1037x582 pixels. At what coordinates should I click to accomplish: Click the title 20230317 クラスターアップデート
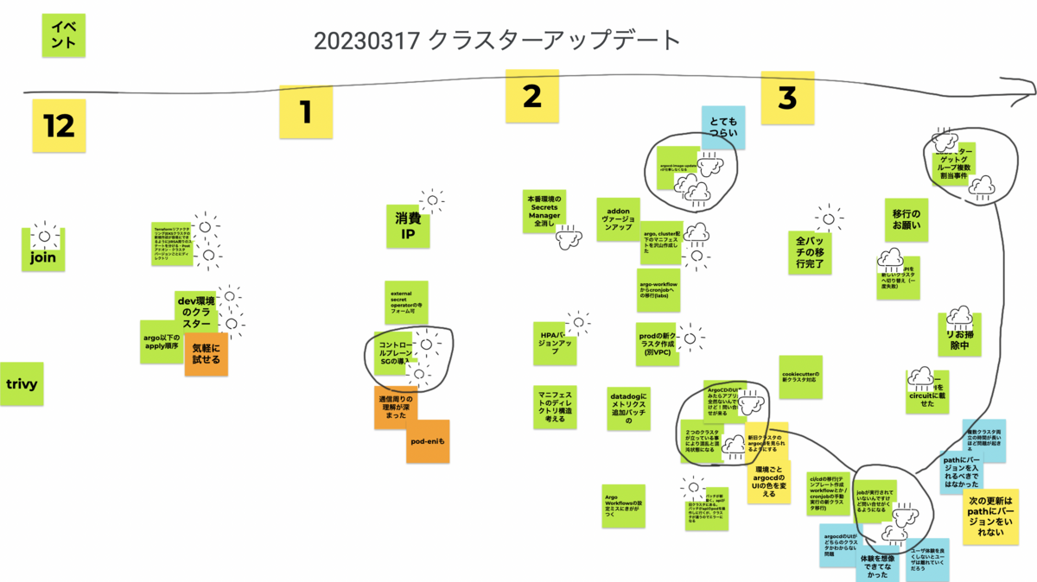click(x=497, y=40)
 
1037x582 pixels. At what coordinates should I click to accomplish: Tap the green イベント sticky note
click(x=63, y=35)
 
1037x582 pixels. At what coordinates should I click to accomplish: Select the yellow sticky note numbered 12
click(x=60, y=126)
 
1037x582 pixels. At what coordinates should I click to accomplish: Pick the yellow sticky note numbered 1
click(x=305, y=112)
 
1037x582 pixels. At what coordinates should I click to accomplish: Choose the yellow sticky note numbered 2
click(x=531, y=96)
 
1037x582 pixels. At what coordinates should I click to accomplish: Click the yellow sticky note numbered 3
click(x=786, y=98)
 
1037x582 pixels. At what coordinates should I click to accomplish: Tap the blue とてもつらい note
click(x=722, y=128)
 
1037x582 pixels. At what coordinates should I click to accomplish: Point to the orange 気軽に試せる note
click(x=206, y=354)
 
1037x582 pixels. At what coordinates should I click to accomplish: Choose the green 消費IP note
click(x=407, y=226)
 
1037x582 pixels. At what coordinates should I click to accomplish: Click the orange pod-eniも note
click(x=428, y=441)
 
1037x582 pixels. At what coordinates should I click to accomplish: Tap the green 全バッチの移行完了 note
click(x=810, y=252)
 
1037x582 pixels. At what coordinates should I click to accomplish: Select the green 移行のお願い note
click(x=907, y=220)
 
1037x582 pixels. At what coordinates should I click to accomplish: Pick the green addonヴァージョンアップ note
click(x=618, y=219)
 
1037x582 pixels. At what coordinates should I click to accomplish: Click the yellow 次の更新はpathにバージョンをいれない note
click(x=989, y=516)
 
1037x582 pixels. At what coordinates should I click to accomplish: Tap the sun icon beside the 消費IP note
click(x=431, y=202)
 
